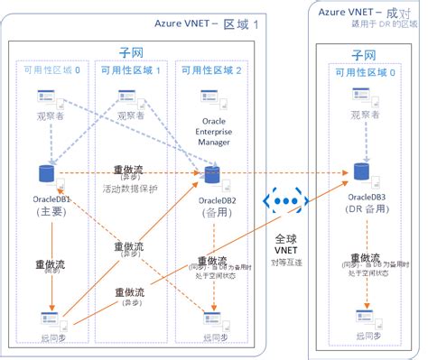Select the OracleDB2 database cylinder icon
tap(214, 174)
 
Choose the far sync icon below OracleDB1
tap(48, 318)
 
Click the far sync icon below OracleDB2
tap(214, 318)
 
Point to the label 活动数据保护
tap(131, 189)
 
